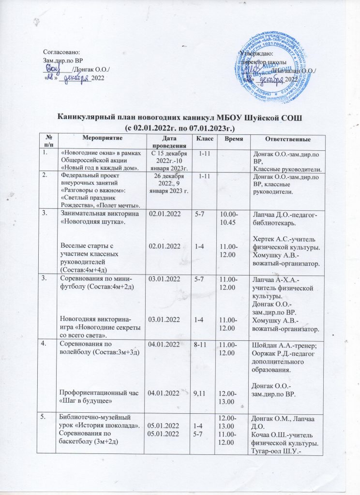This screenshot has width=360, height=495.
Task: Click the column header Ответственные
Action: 283,140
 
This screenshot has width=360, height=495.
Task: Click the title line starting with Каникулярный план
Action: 180,119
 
